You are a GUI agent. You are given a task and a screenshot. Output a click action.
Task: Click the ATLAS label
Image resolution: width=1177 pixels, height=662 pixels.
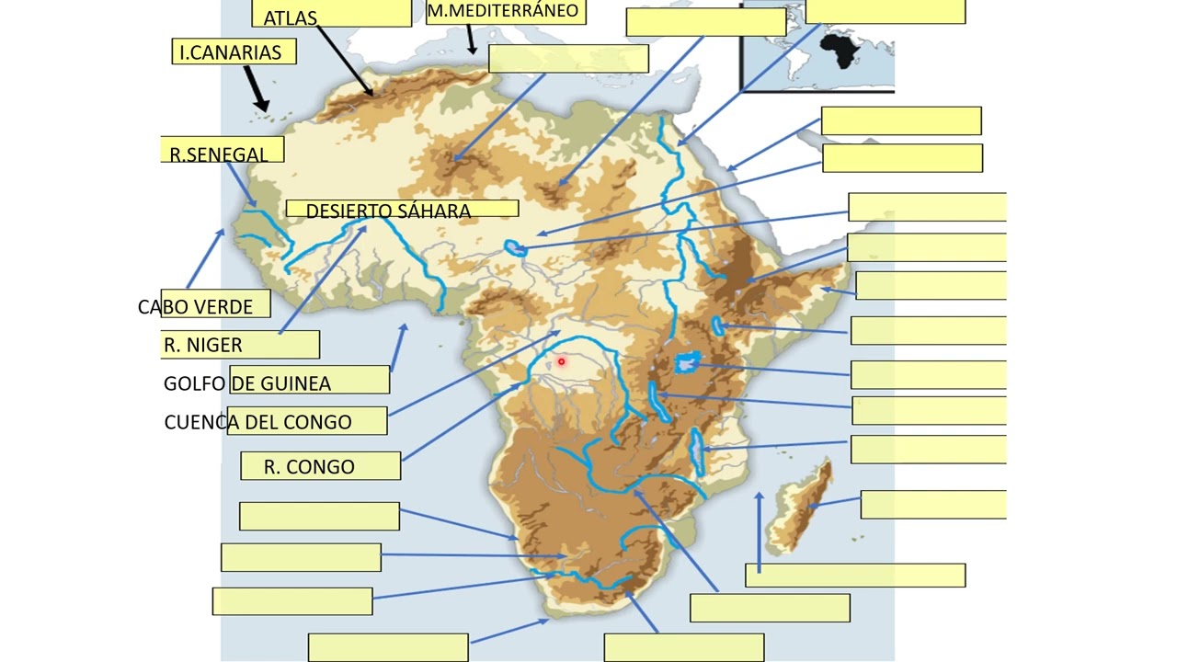pos(291,17)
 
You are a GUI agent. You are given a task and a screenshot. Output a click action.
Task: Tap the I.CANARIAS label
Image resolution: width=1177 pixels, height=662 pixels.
pos(231,52)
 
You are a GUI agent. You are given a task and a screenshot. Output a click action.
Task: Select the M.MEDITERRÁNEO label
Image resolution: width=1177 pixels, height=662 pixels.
pos(503,11)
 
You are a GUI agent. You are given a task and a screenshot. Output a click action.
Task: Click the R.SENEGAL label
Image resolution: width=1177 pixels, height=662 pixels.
pos(219,154)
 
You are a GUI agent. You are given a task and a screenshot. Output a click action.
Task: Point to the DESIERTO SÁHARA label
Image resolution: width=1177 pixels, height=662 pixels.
pos(388,211)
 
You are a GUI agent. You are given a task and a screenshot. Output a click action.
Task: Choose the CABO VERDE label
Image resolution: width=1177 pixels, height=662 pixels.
pos(196,307)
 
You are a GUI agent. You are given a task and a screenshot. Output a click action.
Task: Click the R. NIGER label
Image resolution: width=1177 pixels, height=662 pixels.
pos(203,345)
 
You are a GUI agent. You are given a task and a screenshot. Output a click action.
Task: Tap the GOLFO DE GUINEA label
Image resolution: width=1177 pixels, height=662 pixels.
pos(247,382)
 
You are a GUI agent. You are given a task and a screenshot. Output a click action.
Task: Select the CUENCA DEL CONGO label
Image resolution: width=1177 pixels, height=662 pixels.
pos(258,422)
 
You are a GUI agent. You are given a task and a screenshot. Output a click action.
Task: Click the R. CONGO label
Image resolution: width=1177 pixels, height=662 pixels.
pos(309,466)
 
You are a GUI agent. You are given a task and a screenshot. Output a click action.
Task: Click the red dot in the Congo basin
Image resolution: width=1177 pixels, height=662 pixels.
pos(561,361)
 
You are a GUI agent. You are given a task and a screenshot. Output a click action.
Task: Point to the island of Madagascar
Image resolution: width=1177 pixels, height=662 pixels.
pos(800,510)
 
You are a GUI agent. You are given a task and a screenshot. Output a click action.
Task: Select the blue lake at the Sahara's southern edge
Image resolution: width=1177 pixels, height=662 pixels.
pos(515,247)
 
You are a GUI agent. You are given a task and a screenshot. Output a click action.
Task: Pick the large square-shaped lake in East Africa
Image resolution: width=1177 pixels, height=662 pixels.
pos(685,363)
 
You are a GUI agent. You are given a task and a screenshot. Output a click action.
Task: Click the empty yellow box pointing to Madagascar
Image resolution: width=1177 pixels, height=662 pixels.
pos(933,505)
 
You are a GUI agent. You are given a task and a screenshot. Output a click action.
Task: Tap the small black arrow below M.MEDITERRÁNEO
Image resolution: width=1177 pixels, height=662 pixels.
pos(471,40)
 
